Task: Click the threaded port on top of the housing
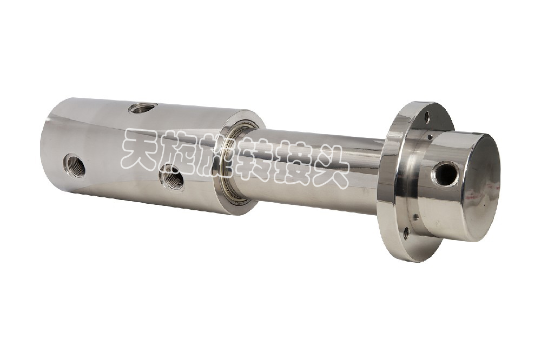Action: point(143,110)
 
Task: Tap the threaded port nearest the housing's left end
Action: point(75,164)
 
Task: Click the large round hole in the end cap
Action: point(446,174)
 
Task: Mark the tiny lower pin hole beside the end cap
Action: point(415,217)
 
